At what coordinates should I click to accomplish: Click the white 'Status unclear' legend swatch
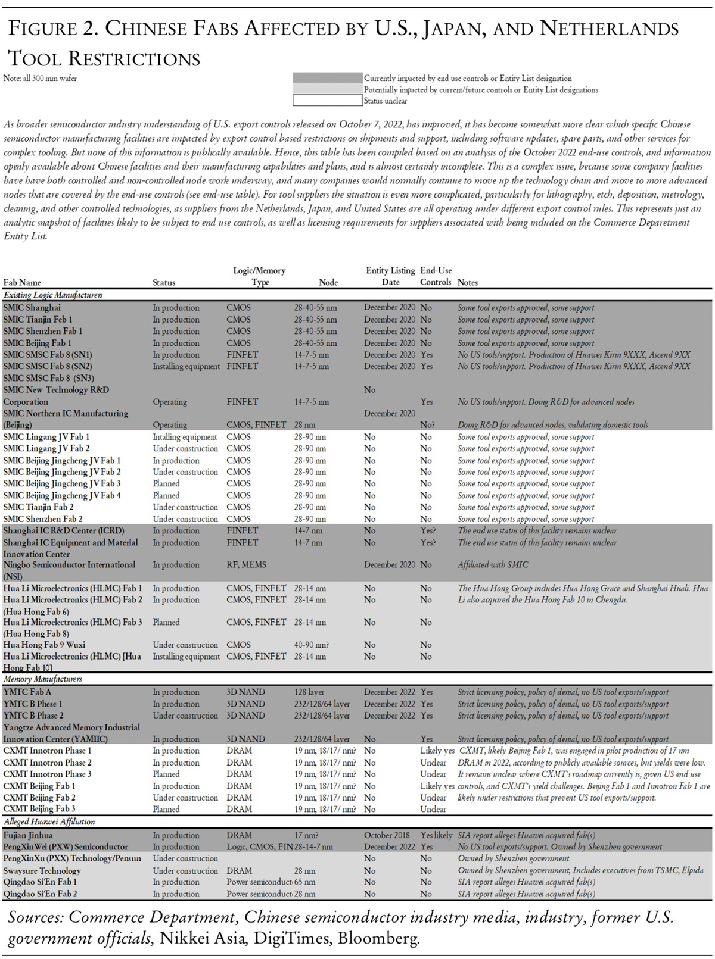pos(328,101)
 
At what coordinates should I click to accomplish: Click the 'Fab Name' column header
pos(22,282)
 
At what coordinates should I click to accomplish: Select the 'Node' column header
pos(328,282)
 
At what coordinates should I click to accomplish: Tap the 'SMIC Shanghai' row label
pos(32,308)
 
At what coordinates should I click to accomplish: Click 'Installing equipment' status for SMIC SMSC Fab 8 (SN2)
pos(186,366)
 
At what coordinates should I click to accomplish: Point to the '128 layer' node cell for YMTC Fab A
pos(309,692)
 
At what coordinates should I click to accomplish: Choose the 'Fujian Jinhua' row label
pos(27,835)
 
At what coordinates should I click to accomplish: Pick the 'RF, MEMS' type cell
pos(246,564)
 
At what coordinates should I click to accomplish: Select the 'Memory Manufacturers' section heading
pos(43,679)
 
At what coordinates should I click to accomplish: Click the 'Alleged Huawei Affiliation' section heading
pos(49,821)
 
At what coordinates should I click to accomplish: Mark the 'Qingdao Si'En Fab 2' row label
pos(40,894)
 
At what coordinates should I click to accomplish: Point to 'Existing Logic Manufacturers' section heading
pos(53,295)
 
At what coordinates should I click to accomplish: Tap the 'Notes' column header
pos(468,282)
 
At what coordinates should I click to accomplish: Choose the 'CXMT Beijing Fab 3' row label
pos(39,809)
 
